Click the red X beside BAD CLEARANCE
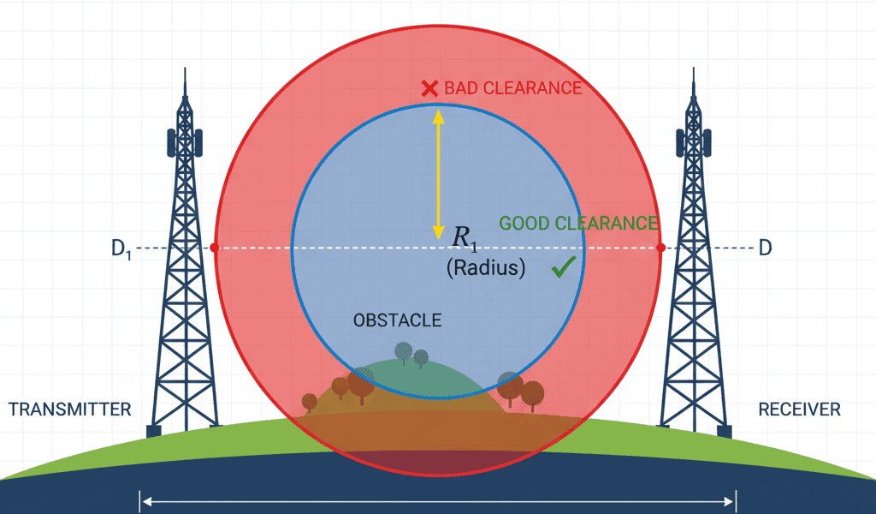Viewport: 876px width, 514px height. click(429, 88)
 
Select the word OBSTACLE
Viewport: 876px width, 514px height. click(397, 320)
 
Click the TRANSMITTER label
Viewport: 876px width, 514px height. click(70, 409)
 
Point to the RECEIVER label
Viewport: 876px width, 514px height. click(800, 409)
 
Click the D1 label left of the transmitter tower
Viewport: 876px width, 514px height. click(121, 249)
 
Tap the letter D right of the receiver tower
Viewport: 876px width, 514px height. click(766, 248)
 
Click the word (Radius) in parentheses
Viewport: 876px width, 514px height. click(485, 267)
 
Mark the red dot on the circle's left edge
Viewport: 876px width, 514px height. click(214, 248)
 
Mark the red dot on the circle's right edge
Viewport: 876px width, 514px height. click(660, 248)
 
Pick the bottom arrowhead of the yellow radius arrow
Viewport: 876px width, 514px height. click(438, 231)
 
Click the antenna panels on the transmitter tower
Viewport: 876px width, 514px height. click(183, 141)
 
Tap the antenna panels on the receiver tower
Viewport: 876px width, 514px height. click(692, 141)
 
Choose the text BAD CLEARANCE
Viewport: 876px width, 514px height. click(512, 88)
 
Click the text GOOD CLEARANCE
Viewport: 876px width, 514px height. click(578, 224)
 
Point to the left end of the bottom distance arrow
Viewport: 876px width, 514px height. click(143, 500)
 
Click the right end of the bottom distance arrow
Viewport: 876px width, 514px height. click(733, 500)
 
